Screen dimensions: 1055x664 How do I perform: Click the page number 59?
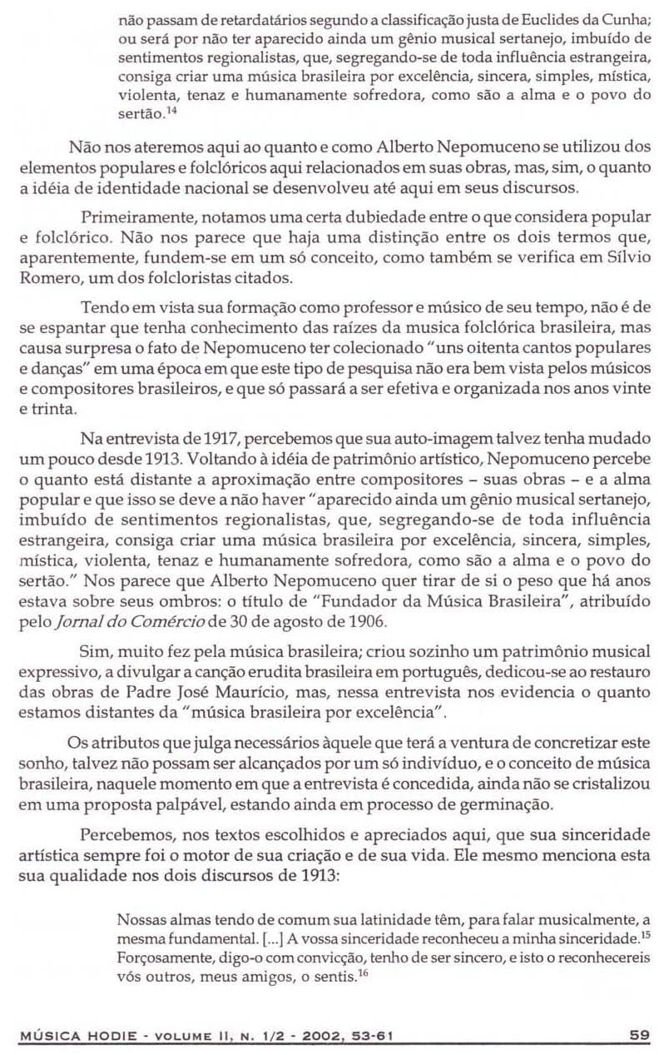[x=638, y=1035]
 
